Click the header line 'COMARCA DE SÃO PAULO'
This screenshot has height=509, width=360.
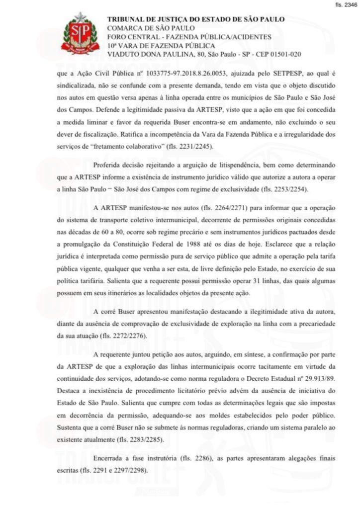151,28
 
